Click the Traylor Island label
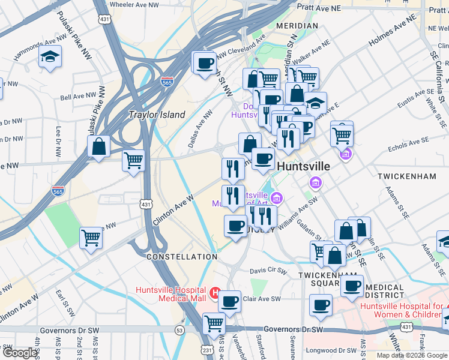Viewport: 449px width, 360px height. (x=157, y=115)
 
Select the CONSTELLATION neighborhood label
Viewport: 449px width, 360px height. (x=181, y=257)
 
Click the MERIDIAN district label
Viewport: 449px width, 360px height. (x=297, y=26)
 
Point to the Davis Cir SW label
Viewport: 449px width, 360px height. (x=268, y=271)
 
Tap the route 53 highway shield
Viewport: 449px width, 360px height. (x=179, y=330)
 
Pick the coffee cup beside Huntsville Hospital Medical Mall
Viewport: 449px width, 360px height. (x=229, y=301)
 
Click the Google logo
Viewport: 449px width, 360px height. (x=20, y=353)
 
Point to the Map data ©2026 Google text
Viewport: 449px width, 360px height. (x=411, y=355)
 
